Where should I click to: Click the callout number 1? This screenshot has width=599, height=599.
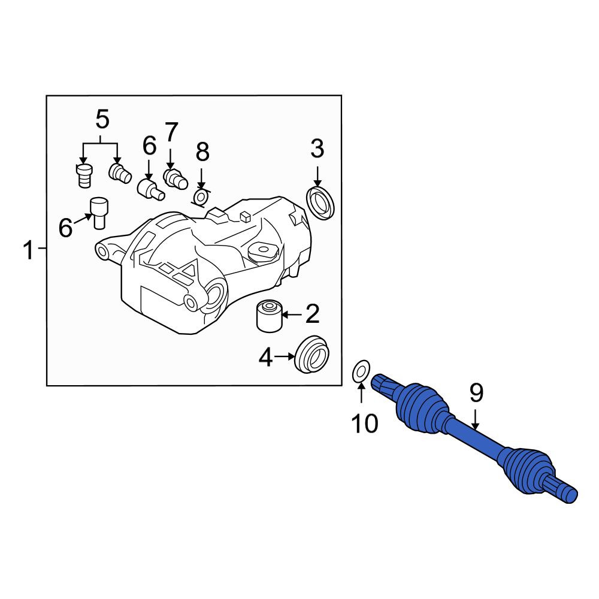click(29, 250)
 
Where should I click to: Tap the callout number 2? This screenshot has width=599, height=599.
click(312, 314)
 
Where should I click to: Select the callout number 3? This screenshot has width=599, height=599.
click(317, 149)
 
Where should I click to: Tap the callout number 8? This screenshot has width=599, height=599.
click(202, 152)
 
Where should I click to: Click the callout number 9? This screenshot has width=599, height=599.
click(476, 394)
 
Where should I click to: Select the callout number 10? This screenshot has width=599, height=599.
click(365, 423)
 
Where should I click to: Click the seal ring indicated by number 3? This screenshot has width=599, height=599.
click(321, 203)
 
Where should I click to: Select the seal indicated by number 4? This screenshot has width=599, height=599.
click(312, 355)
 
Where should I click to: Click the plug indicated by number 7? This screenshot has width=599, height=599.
click(176, 179)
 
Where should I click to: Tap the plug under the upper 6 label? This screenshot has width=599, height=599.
click(150, 189)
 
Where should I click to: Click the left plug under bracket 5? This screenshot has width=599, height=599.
click(84, 176)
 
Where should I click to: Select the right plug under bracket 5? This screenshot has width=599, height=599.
click(120, 174)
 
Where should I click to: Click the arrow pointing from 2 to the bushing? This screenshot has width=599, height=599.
click(292, 315)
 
